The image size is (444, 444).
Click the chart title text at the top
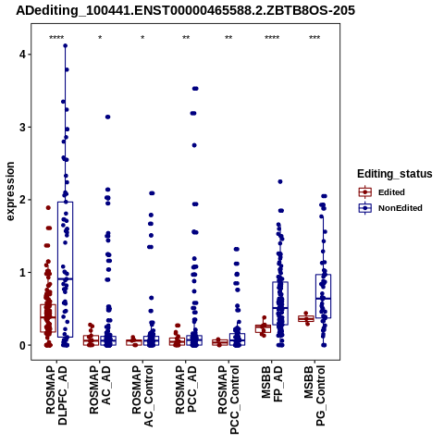pos(185,10)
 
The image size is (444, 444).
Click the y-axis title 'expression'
pos(10,191)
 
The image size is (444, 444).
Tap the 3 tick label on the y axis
pos(23,127)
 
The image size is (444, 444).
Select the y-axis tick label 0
pos(23,345)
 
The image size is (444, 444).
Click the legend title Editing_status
pos(395,174)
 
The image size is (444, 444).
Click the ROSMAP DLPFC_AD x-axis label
pos(56,395)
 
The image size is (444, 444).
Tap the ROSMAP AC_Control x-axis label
pos(142,396)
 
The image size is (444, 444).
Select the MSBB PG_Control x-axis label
pos(314,396)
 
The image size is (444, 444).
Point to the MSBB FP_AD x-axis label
pos(272,384)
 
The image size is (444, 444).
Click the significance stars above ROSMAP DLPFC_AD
pos(56,38)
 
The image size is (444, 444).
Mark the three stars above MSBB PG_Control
pos(314,38)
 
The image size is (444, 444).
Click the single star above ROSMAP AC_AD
pos(100,38)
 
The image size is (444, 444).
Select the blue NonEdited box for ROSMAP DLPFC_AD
pos(65,269)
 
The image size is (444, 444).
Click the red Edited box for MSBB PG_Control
pos(306,319)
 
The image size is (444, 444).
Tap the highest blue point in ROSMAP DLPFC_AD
pos(65,46)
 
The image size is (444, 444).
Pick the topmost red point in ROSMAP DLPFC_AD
pos(48,208)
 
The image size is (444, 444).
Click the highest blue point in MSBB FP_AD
pos(280,182)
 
